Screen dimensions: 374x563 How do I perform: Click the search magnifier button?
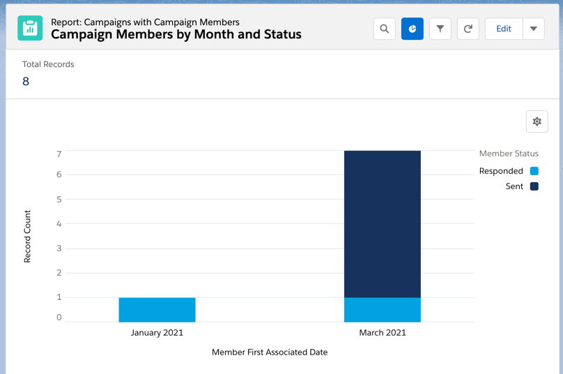pos(385,29)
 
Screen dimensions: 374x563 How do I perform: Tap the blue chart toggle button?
pos(412,29)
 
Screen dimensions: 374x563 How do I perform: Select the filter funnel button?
pos(440,29)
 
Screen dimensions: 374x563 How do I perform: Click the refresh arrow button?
pos(468,29)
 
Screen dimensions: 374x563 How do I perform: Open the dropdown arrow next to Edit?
pos(534,29)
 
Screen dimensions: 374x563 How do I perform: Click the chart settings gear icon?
pos(537,121)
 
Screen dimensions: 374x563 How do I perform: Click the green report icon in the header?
pos(30,28)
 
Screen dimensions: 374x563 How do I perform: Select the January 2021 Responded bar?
pos(157,310)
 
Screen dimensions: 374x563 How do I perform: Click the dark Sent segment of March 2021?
pos(382,223)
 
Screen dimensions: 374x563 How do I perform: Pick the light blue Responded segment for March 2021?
pos(382,310)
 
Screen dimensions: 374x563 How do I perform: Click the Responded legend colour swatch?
pos(534,171)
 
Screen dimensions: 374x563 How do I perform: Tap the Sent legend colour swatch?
pos(534,186)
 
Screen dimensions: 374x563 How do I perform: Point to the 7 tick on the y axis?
pos(59,154)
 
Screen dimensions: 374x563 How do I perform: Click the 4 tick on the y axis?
pos(59,224)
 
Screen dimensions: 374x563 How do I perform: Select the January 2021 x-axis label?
pos(157,333)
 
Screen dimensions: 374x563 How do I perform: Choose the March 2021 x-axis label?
pos(382,333)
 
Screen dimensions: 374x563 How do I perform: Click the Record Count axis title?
pos(28,237)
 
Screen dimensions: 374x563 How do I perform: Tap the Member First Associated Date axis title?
pos(270,352)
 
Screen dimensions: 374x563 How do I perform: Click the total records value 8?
pos(26,82)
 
